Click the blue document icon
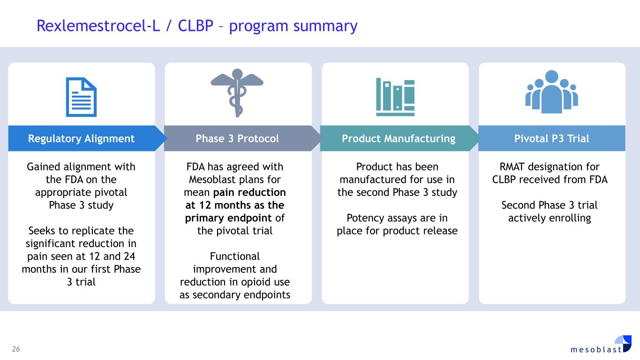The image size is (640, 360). click(81, 97)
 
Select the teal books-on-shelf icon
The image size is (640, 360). click(395, 97)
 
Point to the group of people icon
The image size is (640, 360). click(551, 92)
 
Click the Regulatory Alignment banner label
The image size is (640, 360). click(81, 138)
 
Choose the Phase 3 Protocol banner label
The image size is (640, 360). click(237, 138)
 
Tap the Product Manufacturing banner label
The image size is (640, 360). click(399, 138)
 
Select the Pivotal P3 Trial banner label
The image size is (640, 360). click(551, 138)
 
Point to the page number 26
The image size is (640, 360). click(16, 349)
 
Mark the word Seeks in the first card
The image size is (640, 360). click(42, 231)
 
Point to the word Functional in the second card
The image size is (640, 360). click(234, 256)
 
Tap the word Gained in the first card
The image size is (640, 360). click(43, 167)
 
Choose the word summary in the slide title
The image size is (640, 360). click(326, 26)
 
